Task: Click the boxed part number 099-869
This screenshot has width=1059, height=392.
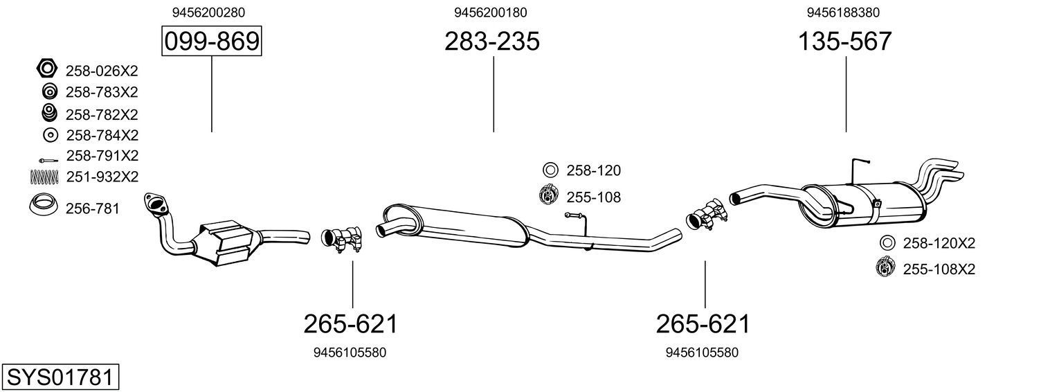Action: pos(212,42)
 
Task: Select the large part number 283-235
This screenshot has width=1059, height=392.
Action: pos(492,42)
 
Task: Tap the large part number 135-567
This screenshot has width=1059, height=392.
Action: pos(845,42)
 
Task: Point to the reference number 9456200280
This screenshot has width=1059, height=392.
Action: pos(208,12)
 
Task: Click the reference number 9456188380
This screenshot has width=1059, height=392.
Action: pos(843,12)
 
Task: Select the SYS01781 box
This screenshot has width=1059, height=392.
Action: pos(60,377)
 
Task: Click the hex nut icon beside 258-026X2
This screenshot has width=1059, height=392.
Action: pos(46,70)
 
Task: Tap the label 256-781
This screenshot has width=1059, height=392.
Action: pos(93,208)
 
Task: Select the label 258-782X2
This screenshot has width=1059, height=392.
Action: pos(102,114)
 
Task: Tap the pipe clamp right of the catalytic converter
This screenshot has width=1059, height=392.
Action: pos(343,239)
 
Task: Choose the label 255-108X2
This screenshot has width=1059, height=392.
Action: pos(939,269)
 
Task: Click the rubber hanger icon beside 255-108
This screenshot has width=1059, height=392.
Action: pos(549,196)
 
